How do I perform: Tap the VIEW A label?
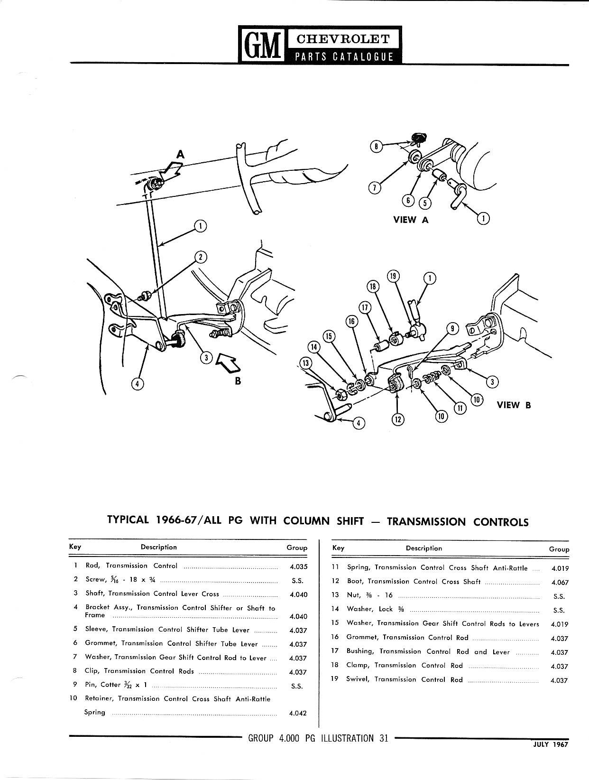point(411,220)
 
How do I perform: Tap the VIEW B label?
point(514,405)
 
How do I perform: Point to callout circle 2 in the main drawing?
point(201,257)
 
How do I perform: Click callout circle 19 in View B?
point(393,276)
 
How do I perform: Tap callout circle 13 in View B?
point(304,363)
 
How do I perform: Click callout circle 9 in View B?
point(452,328)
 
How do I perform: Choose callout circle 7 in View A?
point(375,188)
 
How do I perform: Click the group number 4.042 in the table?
point(298,713)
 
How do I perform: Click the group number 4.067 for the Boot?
point(560,582)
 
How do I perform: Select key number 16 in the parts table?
point(335,637)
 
